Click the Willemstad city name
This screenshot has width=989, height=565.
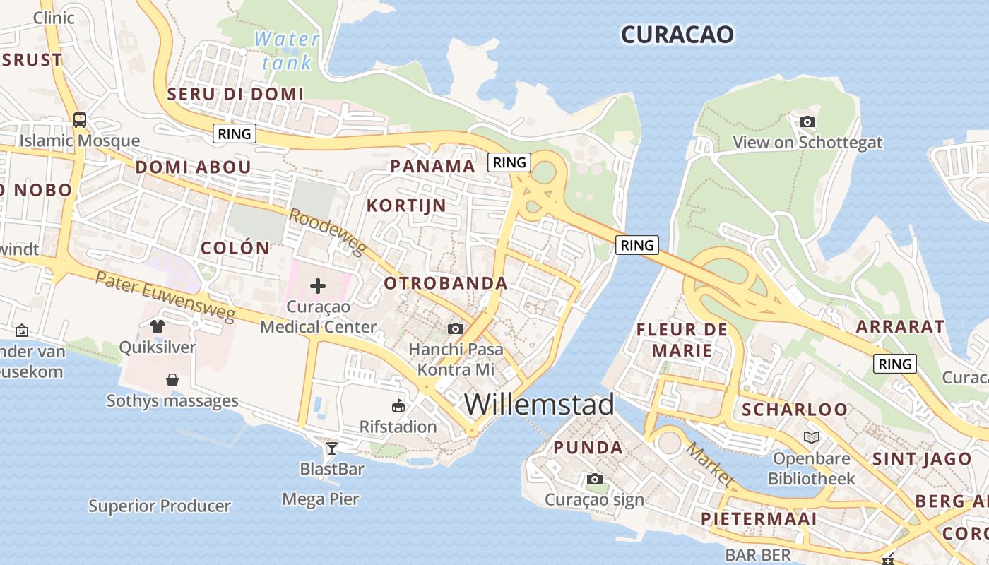tap(539, 405)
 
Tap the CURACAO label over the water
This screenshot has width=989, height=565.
tap(677, 35)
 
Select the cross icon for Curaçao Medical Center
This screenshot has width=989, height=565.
tap(318, 286)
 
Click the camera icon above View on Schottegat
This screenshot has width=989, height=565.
tap(807, 122)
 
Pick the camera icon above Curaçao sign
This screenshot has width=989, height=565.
tap(595, 480)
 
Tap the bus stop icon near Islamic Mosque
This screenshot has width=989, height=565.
tap(80, 120)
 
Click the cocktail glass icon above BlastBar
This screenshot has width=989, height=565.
tap(331, 448)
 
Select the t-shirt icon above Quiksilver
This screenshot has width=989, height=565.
tap(157, 326)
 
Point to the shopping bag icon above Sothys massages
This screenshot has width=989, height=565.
tap(172, 381)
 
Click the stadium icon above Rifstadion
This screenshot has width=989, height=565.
tap(398, 406)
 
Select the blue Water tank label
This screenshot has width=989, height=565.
tap(287, 50)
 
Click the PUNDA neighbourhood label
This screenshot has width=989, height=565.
tap(588, 448)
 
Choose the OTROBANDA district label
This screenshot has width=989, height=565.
tap(445, 284)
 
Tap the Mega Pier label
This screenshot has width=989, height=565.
tap(321, 499)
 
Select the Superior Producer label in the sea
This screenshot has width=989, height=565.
tap(160, 506)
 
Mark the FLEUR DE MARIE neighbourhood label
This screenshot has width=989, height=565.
tap(682, 340)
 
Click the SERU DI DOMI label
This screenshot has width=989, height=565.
tap(235, 94)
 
